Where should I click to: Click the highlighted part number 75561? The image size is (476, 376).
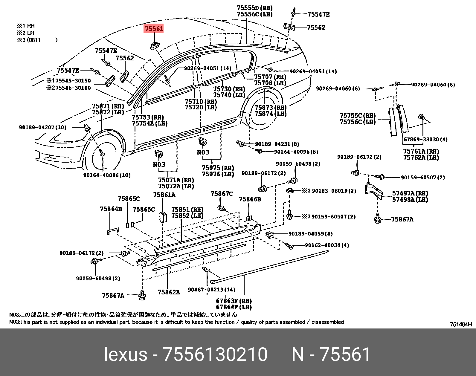pos(154,29)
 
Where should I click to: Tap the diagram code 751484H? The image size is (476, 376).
pos(461,324)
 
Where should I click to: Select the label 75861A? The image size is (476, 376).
pos(164,195)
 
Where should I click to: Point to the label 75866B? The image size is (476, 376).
pos(250,199)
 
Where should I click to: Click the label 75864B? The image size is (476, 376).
pos(111,209)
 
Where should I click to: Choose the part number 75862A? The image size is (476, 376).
pos(169,292)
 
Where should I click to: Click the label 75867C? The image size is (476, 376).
pos(222,194)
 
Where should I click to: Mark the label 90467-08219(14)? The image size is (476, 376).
pos(211,290)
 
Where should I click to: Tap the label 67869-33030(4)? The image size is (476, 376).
pos(425,139)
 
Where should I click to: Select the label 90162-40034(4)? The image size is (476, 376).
pos(327,245)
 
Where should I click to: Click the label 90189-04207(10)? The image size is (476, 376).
pos(43,127)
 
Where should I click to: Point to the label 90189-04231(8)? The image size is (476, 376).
pos(277,144)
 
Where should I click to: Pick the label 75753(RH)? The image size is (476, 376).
pos(148,117)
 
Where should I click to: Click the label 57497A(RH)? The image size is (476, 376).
pos(410,193)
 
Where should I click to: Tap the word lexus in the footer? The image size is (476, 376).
pos(126,354)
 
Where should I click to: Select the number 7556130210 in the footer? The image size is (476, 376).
pos(215,354)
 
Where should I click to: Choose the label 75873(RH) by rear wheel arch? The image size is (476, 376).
pos(270,108)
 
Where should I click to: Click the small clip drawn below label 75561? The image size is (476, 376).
pos(154,46)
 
